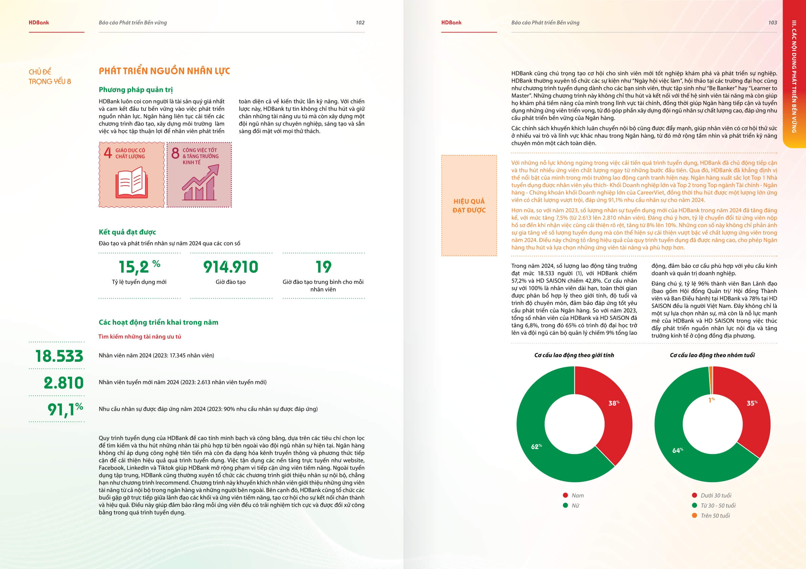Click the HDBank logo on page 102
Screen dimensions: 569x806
click(x=39, y=22)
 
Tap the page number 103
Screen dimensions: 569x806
click(x=772, y=22)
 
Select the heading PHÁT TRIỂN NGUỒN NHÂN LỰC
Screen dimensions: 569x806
click(x=164, y=71)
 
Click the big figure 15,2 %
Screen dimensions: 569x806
click(x=139, y=267)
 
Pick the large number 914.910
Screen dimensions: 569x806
click(x=231, y=267)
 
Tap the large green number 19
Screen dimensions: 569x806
click(x=323, y=267)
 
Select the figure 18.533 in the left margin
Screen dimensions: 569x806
click(x=59, y=356)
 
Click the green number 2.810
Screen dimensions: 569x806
click(x=64, y=383)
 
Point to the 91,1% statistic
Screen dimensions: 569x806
click(x=65, y=409)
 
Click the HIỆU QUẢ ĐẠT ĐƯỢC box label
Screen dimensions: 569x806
click(x=469, y=206)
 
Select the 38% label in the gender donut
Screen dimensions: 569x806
click(x=614, y=403)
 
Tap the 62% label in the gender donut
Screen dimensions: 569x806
click(x=536, y=447)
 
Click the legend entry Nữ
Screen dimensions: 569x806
click(x=575, y=505)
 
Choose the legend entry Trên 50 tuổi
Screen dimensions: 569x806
click(x=715, y=516)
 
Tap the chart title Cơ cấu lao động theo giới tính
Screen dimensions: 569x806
click(x=574, y=355)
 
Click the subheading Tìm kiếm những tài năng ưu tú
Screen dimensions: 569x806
click(x=140, y=336)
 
